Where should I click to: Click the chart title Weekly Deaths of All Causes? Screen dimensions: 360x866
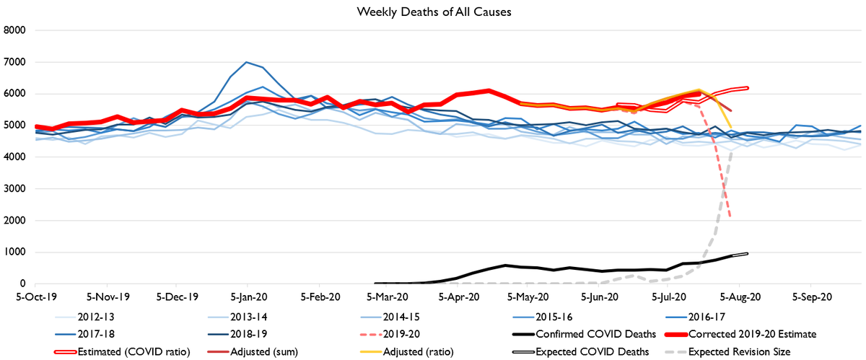pos(432,12)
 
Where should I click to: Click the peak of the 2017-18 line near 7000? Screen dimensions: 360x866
pos(247,62)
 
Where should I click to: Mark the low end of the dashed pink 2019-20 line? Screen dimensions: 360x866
pos(731,217)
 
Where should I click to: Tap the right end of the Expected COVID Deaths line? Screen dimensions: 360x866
pos(748,253)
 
